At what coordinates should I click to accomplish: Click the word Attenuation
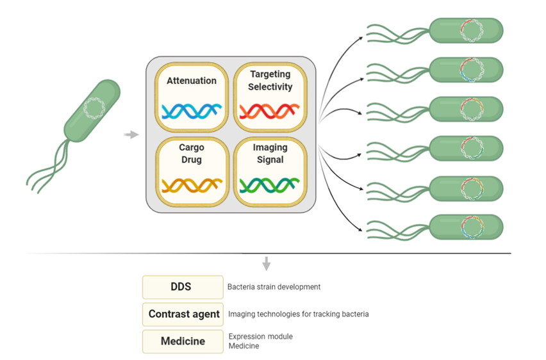(192, 81)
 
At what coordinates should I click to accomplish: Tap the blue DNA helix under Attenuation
(192, 111)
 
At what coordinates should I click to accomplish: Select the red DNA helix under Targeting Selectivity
(270, 111)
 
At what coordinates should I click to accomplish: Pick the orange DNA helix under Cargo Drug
(192, 185)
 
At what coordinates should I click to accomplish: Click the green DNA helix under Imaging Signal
(270, 185)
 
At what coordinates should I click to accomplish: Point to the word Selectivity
(270, 86)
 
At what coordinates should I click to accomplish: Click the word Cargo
(192, 147)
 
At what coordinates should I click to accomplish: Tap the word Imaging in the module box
(270, 147)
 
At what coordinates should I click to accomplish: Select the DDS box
(183, 287)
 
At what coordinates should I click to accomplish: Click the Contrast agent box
(183, 314)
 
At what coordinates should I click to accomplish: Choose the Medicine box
(183, 341)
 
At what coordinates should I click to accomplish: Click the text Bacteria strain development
(274, 287)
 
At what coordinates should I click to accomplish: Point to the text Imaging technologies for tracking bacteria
(299, 314)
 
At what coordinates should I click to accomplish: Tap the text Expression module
(261, 336)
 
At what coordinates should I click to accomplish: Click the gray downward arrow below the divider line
(267, 263)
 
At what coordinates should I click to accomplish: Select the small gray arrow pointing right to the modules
(131, 135)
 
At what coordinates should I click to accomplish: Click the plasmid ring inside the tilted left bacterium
(94, 108)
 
